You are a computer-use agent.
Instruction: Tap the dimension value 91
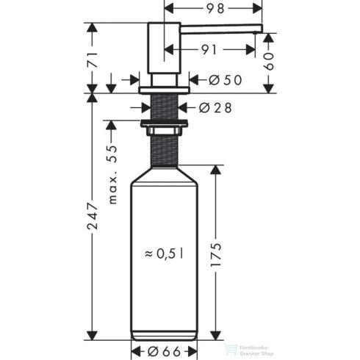212,51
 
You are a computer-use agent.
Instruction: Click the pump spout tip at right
257,29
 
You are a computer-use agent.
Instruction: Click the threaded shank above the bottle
165,151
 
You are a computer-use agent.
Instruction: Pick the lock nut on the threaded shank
165,131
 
